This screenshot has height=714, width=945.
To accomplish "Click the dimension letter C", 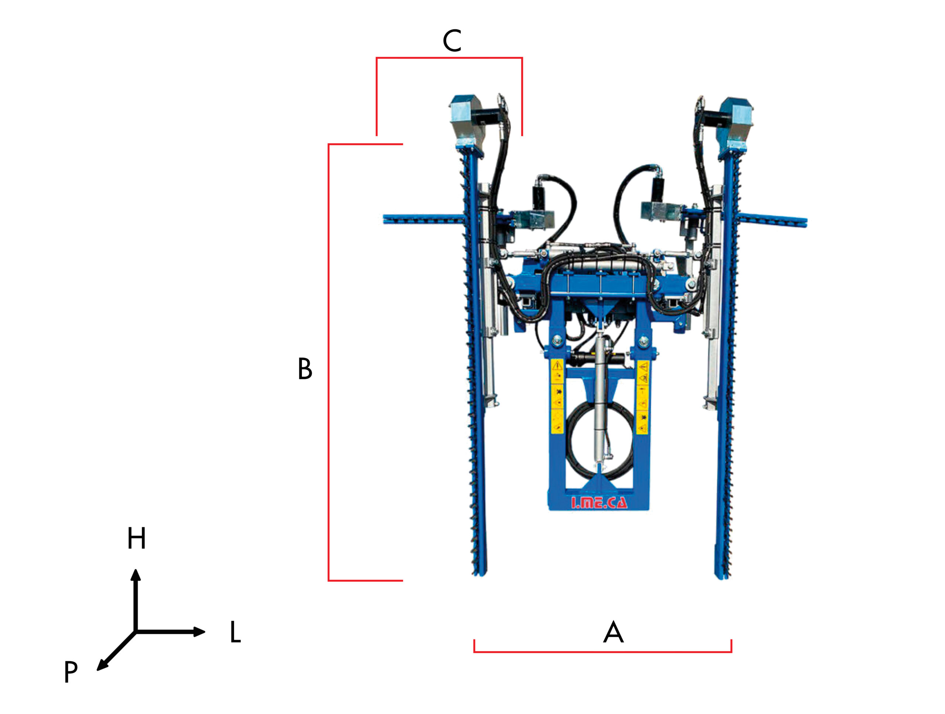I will point(452,41).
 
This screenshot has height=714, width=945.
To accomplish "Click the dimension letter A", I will point(613,632).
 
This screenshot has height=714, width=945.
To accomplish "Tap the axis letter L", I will point(236,632).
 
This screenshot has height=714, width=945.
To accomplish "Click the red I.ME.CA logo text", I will point(599,503).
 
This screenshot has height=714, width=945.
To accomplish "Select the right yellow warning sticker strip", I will point(643,397).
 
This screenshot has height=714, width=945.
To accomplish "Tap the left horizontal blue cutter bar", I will point(423,220).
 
